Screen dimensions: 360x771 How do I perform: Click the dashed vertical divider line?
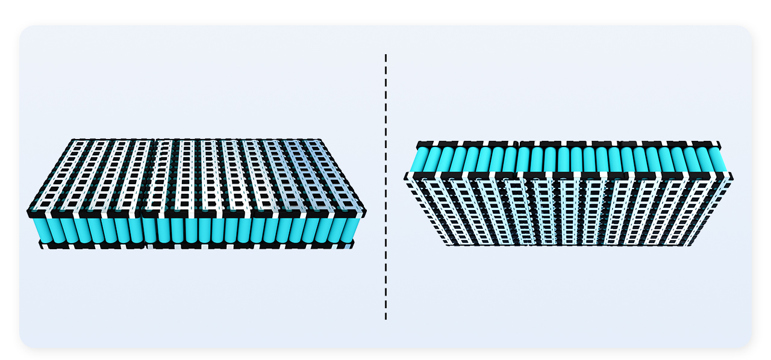(385, 187)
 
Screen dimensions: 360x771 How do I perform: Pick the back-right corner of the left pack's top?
(320, 140)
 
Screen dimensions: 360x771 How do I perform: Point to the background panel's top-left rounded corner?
(24, 30)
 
